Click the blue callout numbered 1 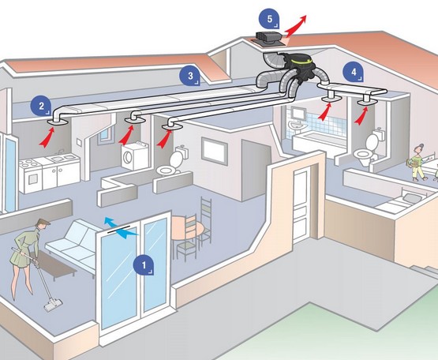(x=144, y=265)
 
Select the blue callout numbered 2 (x=41, y=106)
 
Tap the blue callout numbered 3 (x=190, y=76)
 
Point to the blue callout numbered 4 (x=354, y=72)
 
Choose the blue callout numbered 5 (x=269, y=19)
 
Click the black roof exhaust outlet (x=268, y=38)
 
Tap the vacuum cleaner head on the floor (x=53, y=305)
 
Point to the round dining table (x=186, y=228)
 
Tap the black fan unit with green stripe (x=299, y=66)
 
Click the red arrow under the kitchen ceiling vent (x=47, y=137)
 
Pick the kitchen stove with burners (x=30, y=175)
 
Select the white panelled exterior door (x=301, y=205)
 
